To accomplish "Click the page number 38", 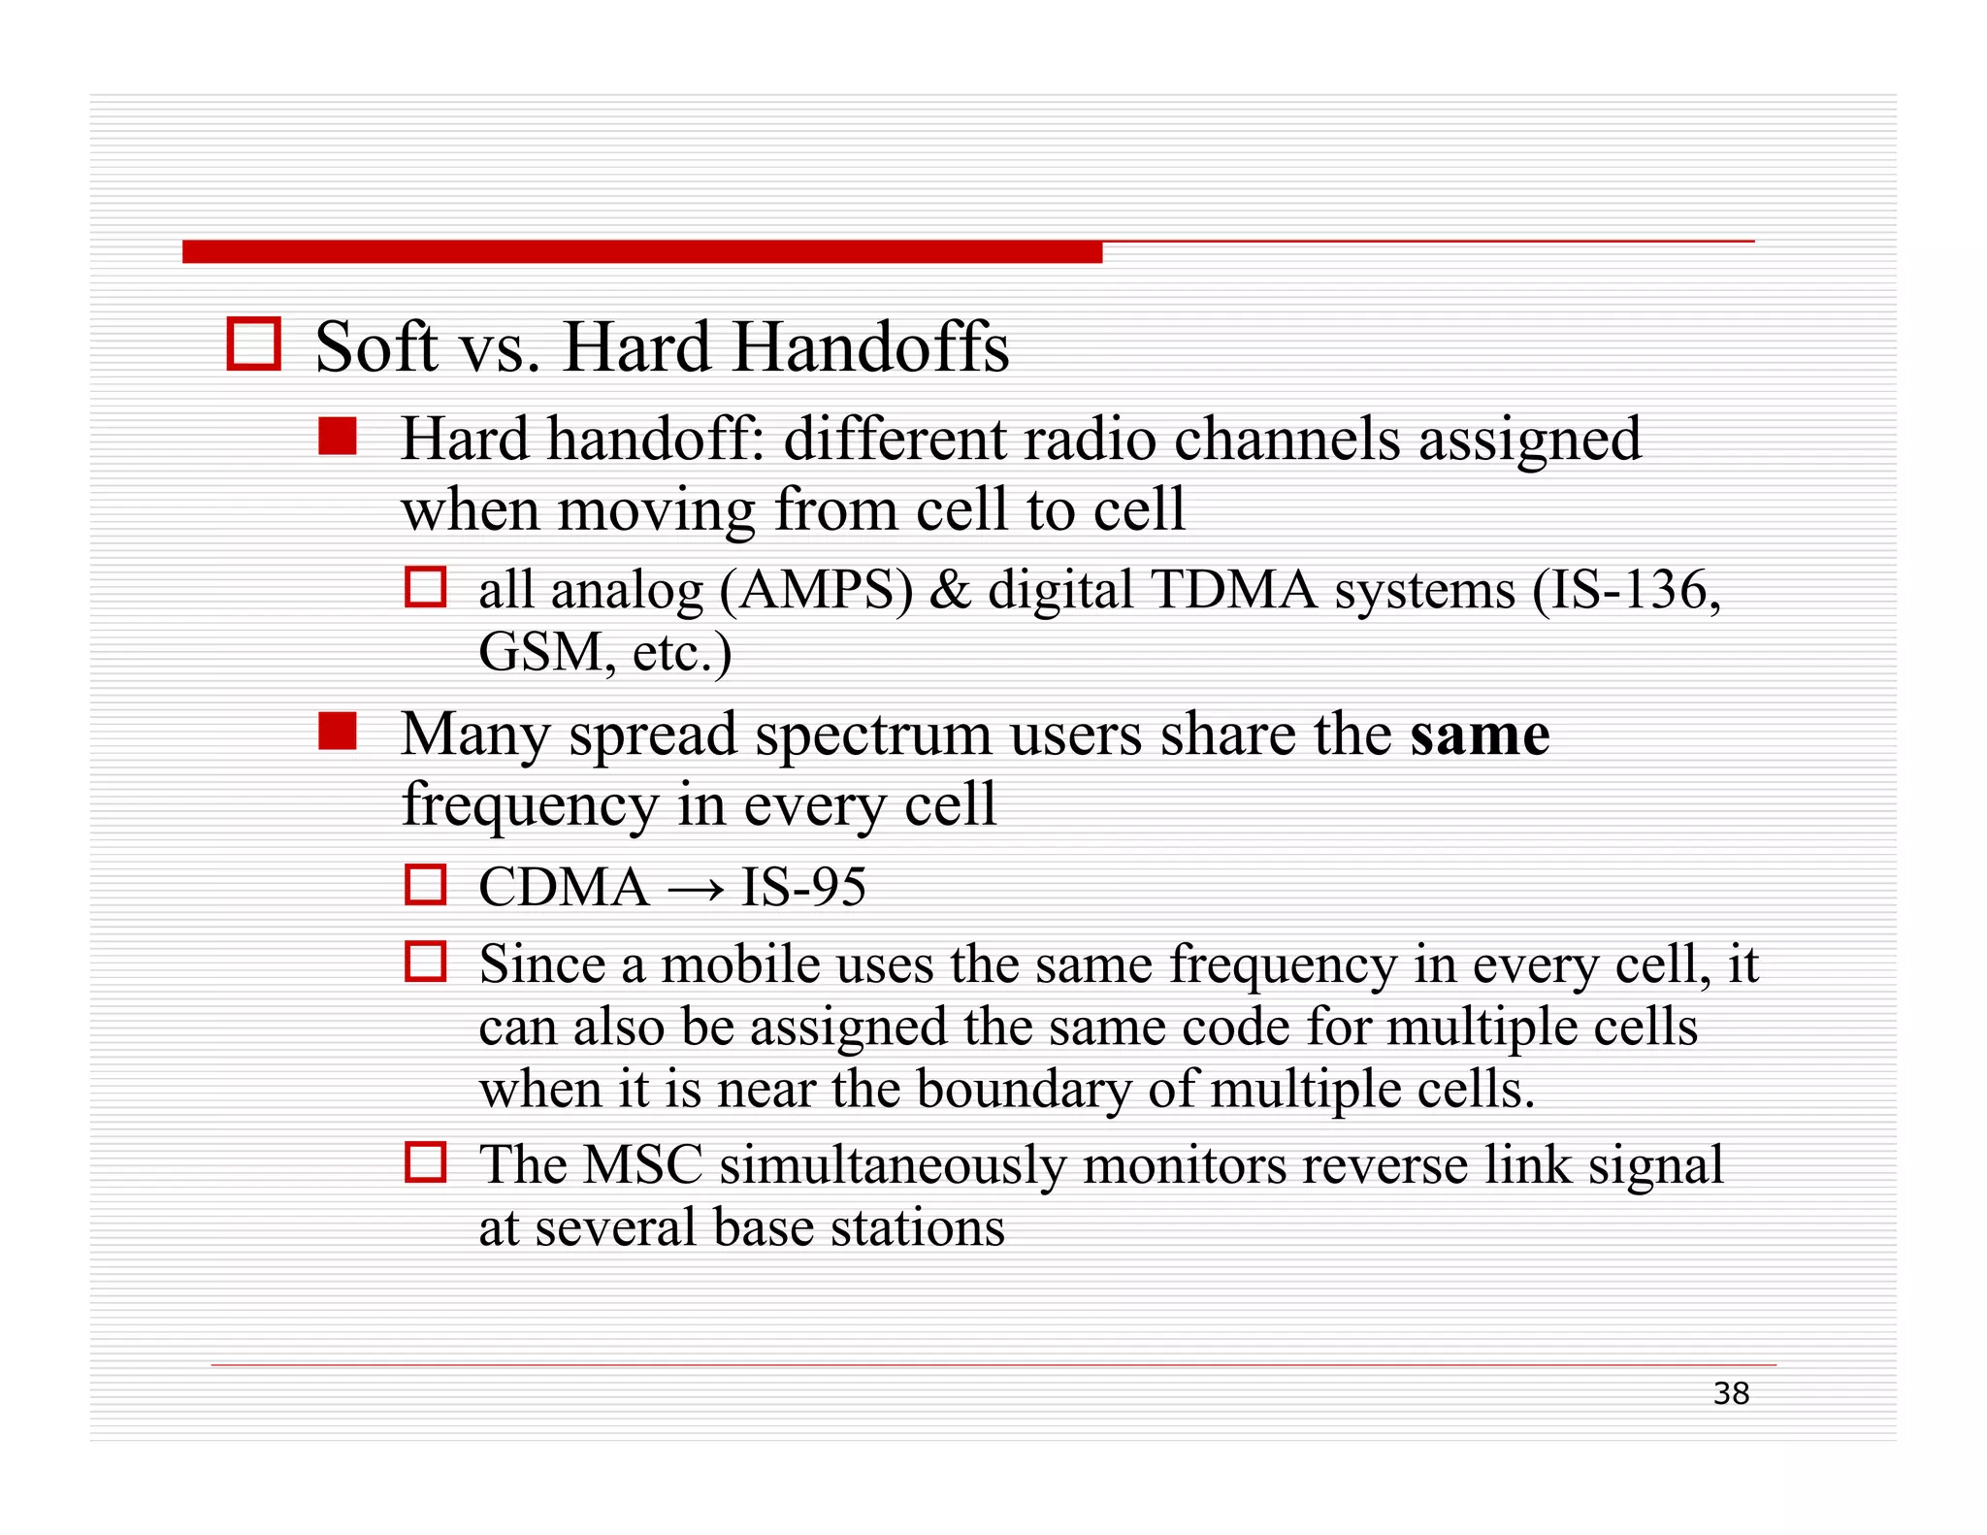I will tap(1731, 1393).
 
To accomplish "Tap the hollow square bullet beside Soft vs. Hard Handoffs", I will tap(254, 343).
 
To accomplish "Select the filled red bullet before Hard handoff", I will tap(338, 437).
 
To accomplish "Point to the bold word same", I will tap(1479, 735).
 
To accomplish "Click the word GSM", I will tap(540, 652).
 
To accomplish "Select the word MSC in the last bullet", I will tap(642, 1165).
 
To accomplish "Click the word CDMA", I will tap(563, 887).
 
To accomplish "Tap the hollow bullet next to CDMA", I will tap(425, 885).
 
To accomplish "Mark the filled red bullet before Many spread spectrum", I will tap(338, 732).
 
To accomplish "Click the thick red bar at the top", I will tap(641, 252).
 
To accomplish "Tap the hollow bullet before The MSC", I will tap(425, 1161).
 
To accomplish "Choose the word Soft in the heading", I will tap(375, 347).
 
